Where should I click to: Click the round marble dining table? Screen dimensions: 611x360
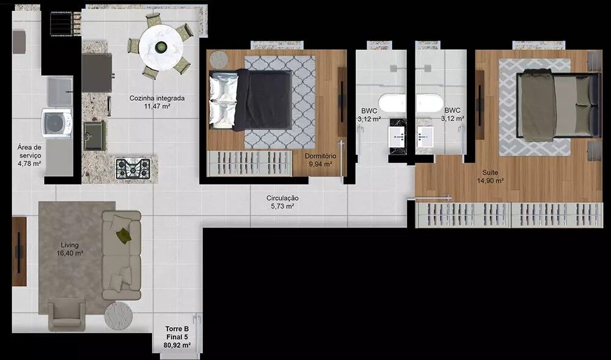161,48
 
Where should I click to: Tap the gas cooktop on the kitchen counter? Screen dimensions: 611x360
133,168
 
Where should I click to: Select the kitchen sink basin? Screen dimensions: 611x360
94,136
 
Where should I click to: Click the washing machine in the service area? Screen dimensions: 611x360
57,123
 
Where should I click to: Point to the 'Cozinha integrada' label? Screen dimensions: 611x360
157,98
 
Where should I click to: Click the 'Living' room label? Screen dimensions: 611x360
70,245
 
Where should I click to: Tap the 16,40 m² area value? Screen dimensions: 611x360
70,253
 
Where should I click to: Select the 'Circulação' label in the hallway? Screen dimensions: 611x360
282,198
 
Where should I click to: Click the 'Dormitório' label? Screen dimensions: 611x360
320,156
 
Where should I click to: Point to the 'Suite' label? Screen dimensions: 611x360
490,172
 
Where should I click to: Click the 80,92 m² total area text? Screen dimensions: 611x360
177,345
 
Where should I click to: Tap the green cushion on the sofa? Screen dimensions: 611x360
124,235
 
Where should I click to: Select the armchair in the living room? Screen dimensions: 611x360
67,315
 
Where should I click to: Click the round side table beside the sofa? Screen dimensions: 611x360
118,316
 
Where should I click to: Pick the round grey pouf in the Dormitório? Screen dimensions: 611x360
219,60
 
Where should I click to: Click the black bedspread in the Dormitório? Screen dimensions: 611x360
263,100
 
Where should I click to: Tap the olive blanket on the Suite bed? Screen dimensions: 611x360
538,105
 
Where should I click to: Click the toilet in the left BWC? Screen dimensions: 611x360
392,103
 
